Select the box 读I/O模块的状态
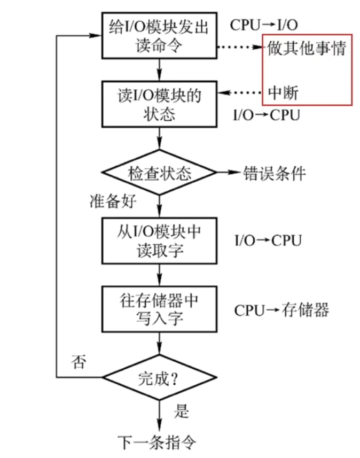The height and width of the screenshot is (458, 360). [x=159, y=104]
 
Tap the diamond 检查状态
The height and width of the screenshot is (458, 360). [x=159, y=173]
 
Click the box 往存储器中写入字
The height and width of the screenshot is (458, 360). [x=159, y=309]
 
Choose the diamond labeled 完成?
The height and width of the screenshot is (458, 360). [x=159, y=377]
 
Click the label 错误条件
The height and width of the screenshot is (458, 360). [x=275, y=173]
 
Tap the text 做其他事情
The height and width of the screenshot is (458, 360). [x=307, y=49]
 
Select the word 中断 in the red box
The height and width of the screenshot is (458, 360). [x=283, y=92]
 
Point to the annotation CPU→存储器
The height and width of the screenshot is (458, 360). [x=281, y=310]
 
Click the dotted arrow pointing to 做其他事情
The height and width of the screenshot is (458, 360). [x=240, y=48]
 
